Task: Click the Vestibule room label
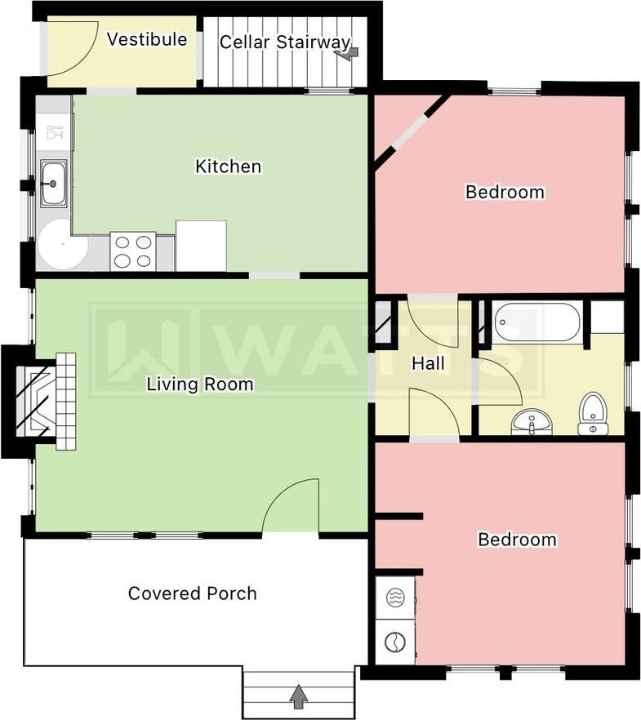click(x=147, y=39)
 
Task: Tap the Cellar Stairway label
click(x=285, y=42)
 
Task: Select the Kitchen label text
click(x=228, y=167)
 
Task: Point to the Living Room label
click(x=200, y=384)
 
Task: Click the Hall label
click(x=428, y=363)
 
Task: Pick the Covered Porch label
click(x=192, y=593)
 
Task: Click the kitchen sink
click(x=53, y=183)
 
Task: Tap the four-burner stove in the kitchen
click(x=133, y=251)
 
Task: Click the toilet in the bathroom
click(x=594, y=414)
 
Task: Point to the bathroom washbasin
click(x=532, y=421)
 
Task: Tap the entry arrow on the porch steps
click(x=299, y=696)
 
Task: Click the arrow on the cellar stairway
click(x=347, y=54)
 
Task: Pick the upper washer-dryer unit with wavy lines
click(x=395, y=598)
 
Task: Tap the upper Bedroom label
click(x=505, y=192)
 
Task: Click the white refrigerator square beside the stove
click(x=201, y=246)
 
